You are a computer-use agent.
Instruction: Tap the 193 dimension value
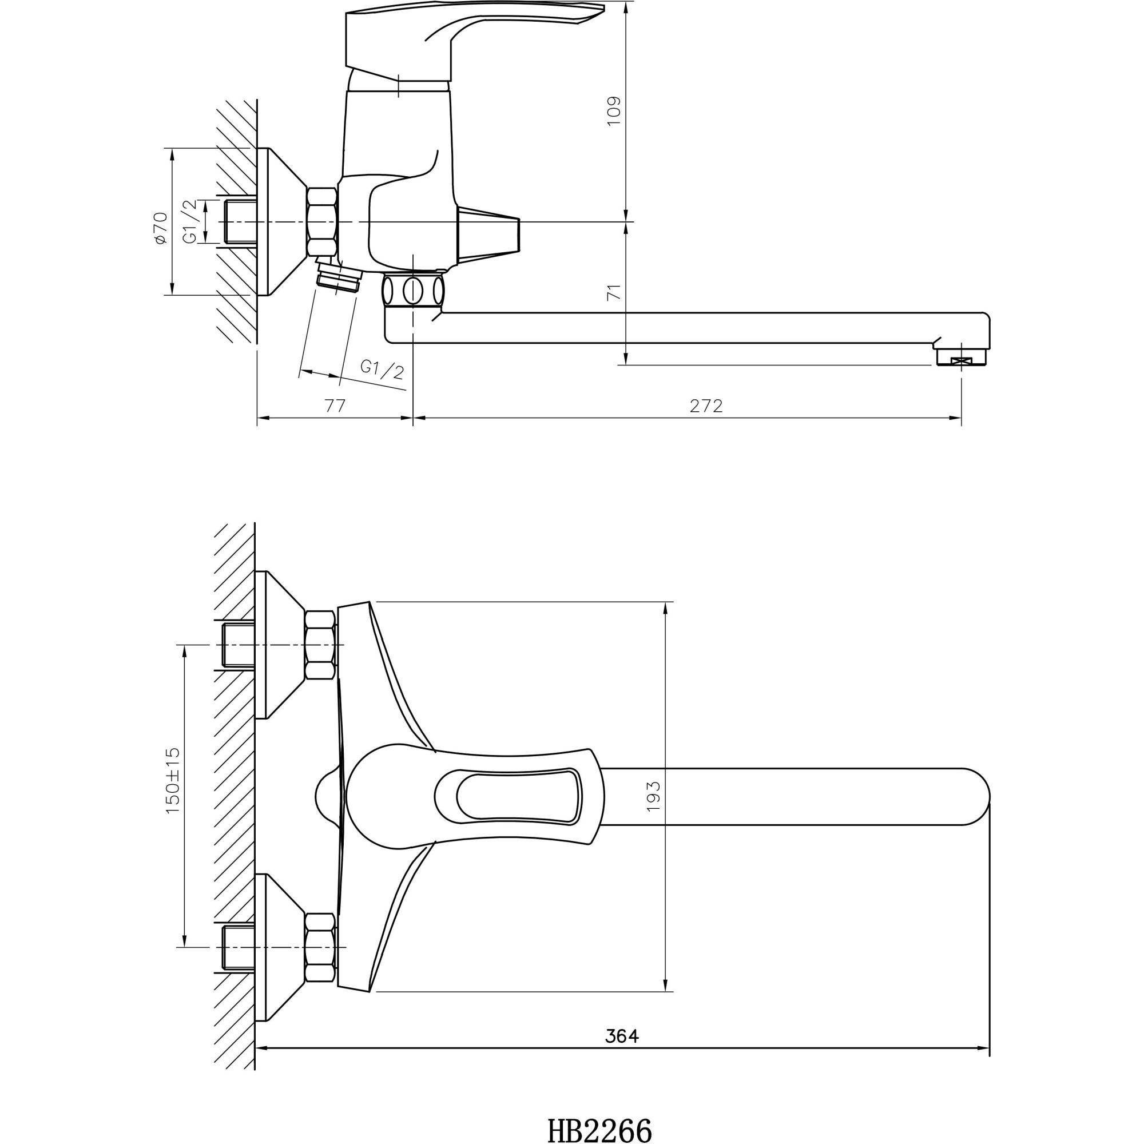[x=653, y=796]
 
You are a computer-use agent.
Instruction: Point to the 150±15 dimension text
[x=172, y=780]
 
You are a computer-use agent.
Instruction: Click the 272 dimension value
[x=706, y=406]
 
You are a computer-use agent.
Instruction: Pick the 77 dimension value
[x=335, y=406]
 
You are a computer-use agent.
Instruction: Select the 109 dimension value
[x=614, y=111]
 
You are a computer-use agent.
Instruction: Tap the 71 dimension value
[x=614, y=292]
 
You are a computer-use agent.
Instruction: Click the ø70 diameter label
[x=160, y=228]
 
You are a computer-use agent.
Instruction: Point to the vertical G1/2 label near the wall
[x=189, y=221]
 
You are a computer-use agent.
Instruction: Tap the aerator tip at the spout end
[x=961, y=358]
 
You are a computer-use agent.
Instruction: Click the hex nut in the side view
[x=321, y=221]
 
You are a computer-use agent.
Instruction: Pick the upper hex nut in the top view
[x=319, y=645]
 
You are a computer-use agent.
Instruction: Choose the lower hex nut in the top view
[x=319, y=947]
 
